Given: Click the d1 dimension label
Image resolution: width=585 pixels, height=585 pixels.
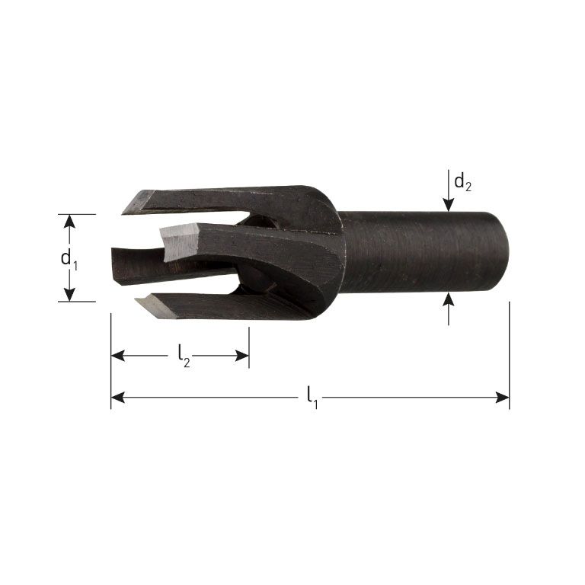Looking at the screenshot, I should pyautogui.click(x=69, y=258).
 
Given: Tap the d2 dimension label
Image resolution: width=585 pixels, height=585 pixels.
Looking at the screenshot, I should pyautogui.click(x=462, y=182).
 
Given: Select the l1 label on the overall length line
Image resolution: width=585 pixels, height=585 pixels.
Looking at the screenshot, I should pyautogui.click(x=311, y=396).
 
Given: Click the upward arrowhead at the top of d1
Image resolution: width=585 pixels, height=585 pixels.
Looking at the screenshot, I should pyautogui.click(x=69, y=221).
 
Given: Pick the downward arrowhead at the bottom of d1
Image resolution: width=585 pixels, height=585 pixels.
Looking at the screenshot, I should pyautogui.click(x=69, y=295).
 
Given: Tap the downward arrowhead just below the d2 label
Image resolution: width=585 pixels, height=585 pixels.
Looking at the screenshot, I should pyautogui.click(x=449, y=203).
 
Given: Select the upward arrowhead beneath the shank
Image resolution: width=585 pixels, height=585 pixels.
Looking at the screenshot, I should pyautogui.click(x=449, y=299).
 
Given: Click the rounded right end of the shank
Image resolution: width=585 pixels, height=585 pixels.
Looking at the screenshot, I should pyautogui.click(x=503, y=251).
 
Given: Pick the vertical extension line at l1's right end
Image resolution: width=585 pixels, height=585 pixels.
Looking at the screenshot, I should pyautogui.click(x=509, y=350).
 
